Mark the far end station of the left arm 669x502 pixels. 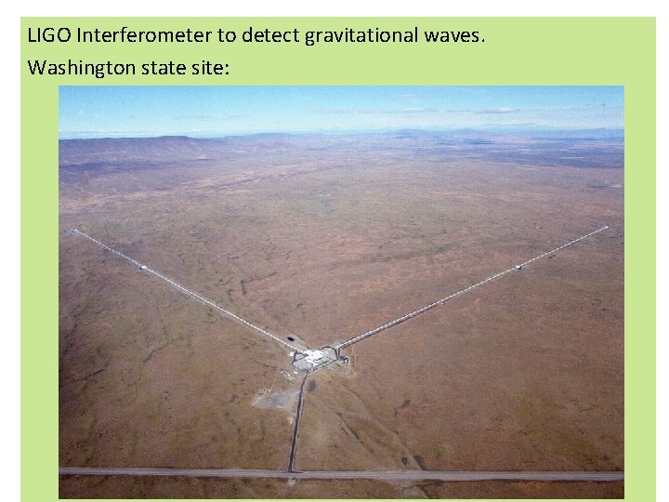(x=74, y=231)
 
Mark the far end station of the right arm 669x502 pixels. (x=607, y=227)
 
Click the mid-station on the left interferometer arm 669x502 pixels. (x=143, y=268)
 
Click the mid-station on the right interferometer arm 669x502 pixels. (x=518, y=268)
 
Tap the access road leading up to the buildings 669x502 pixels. (x=296, y=418)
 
